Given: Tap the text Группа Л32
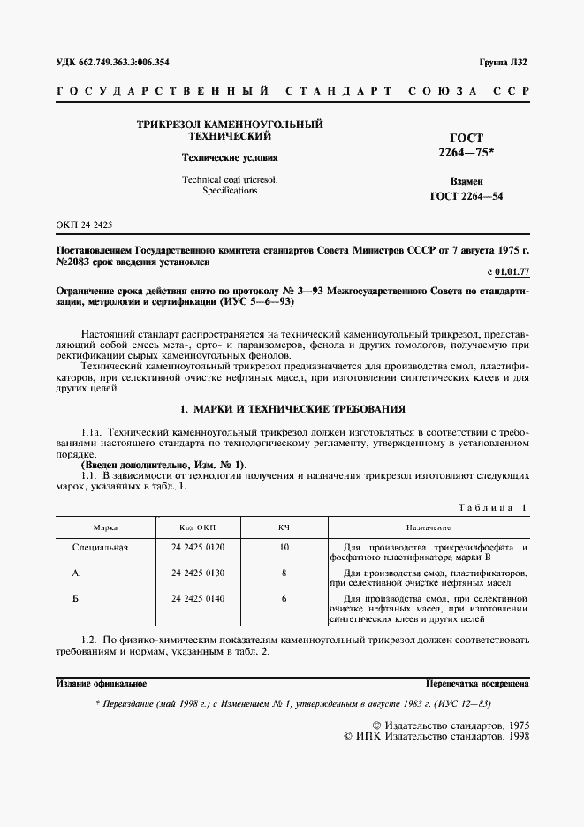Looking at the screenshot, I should pos(504,64).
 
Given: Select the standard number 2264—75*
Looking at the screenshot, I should pos(466,153).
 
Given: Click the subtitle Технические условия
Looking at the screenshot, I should pos(229,157).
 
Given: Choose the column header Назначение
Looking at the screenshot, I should pos(429,527).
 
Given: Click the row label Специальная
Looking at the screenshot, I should pos(100,548).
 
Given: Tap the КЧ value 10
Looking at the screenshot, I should pos(284,548).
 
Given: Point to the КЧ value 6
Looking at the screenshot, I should pos(284,599).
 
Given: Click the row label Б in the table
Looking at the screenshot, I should pos(100,599).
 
